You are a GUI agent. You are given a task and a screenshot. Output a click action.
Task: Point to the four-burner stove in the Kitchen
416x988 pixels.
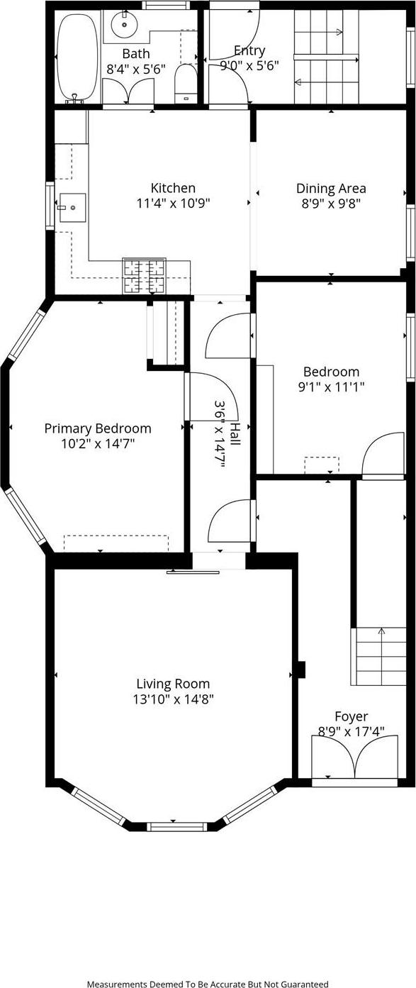point(144,276)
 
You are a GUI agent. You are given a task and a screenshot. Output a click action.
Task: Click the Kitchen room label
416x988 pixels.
point(173,188)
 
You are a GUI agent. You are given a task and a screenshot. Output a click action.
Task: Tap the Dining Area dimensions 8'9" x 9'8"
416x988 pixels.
point(331,203)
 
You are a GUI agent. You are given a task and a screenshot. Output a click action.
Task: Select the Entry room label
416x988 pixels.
point(249,50)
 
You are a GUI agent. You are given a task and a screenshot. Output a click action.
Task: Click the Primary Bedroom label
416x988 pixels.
point(98,428)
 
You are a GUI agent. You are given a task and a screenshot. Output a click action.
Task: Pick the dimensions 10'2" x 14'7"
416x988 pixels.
point(98,444)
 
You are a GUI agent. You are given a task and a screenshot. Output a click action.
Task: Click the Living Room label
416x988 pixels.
point(173,684)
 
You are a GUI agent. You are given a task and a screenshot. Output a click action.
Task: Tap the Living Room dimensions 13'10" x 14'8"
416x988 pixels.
point(173,699)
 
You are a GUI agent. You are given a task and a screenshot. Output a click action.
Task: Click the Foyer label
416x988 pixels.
point(352,716)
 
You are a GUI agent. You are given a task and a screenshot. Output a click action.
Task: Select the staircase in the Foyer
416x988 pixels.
point(379,656)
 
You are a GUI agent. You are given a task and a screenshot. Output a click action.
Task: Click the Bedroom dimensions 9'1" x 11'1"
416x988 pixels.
point(331,387)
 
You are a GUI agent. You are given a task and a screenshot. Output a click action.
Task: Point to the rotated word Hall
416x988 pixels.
point(235,433)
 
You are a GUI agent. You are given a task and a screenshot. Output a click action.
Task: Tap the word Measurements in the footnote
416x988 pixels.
point(118,984)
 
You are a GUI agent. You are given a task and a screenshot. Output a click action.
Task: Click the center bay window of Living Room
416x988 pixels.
point(176,826)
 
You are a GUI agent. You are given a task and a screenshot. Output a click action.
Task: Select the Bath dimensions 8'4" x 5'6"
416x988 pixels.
point(135,69)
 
